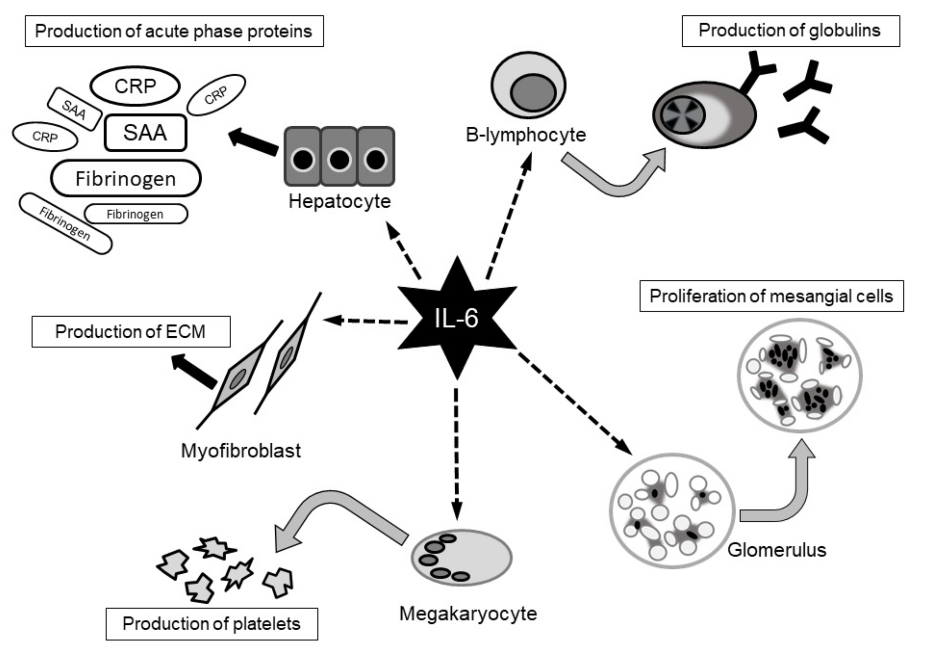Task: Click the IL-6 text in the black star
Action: (x=457, y=318)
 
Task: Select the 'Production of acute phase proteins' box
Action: (x=174, y=31)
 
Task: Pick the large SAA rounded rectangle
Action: (x=145, y=133)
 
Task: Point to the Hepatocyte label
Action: (x=340, y=201)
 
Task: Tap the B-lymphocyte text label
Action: (x=525, y=135)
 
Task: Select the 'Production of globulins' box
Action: (x=790, y=31)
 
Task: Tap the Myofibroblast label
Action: (x=241, y=450)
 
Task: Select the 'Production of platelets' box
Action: (x=212, y=624)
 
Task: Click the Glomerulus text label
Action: (x=777, y=550)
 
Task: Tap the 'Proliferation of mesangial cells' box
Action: (x=771, y=296)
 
